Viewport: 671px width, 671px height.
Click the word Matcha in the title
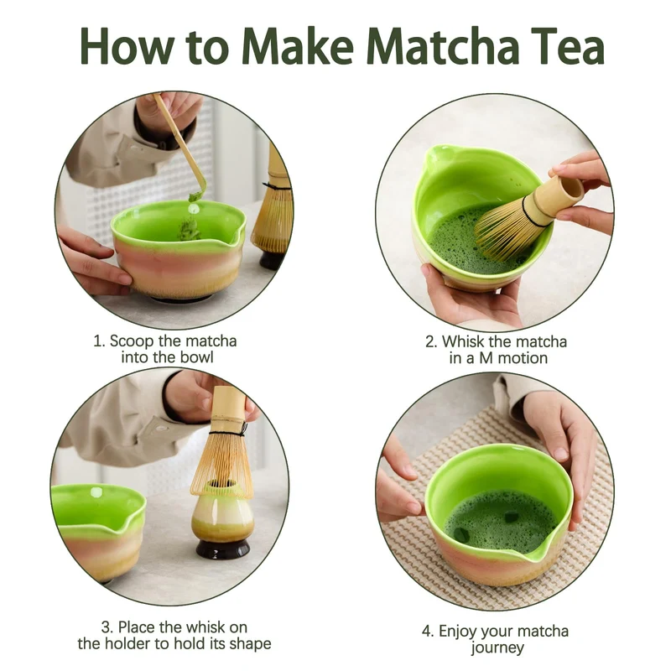coord(442,46)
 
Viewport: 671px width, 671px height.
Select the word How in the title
coord(127,46)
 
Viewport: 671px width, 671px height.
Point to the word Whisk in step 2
coord(463,341)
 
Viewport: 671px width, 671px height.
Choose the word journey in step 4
coord(497,648)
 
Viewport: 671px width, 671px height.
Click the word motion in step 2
coord(522,358)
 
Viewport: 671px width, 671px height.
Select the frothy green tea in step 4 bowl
coord(500,520)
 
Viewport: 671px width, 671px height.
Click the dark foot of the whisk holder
coord(222,549)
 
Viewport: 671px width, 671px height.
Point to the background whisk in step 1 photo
coord(273,205)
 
